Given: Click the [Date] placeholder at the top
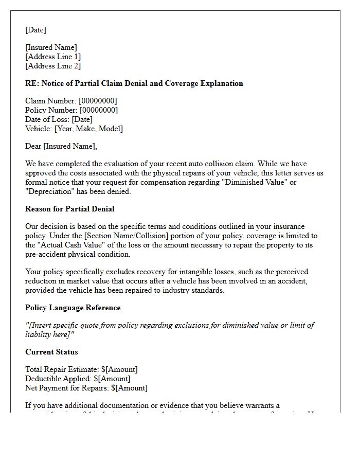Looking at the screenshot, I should click(x=35, y=30).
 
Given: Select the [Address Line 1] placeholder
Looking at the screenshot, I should click(x=53, y=57).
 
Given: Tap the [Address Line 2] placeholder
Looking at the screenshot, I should click(x=53, y=66).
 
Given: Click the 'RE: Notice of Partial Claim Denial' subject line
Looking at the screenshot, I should click(x=134, y=83).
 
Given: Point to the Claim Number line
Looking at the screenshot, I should click(x=71, y=101).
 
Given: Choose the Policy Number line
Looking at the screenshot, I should click(x=71, y=110).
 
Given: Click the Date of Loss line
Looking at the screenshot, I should click(x=59, y=119).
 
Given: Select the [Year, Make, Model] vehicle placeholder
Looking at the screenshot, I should click(x=88, y=129).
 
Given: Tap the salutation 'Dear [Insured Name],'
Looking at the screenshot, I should click(x=61, y=146).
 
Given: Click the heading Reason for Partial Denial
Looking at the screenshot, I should click(x=70, y=209).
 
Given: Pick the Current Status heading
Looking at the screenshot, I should click(x=51, y=352).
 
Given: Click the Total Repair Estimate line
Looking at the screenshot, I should click(x=81, y=369).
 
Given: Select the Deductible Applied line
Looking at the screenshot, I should click(x=78, y=379).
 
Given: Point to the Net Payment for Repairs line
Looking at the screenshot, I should click(x=86, y=388).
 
